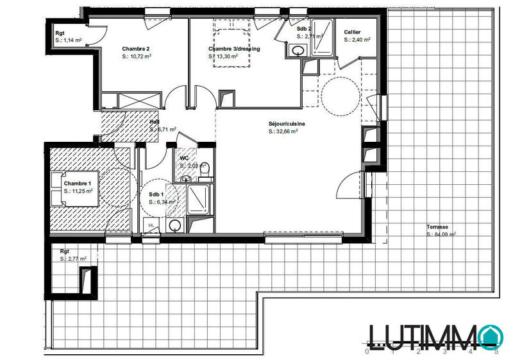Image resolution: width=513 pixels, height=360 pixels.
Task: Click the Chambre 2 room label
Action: click(x=136, y=49)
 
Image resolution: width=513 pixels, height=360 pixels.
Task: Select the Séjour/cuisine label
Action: click(x=287, y=123)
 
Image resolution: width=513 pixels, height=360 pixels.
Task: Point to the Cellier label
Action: click(x=352, y=32)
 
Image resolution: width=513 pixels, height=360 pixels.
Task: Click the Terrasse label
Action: click(x=439, y=227)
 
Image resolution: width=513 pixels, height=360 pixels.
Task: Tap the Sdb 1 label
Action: click(x=156, y=194)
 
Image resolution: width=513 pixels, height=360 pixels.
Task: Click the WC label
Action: click(x=184, y=158)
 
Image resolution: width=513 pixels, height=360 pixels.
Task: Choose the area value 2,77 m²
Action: click(x=74, y=259)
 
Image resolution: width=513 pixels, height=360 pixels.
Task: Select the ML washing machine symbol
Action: click(x=151, y=225)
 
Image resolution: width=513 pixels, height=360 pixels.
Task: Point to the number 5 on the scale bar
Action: click(x=496, y=352)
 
